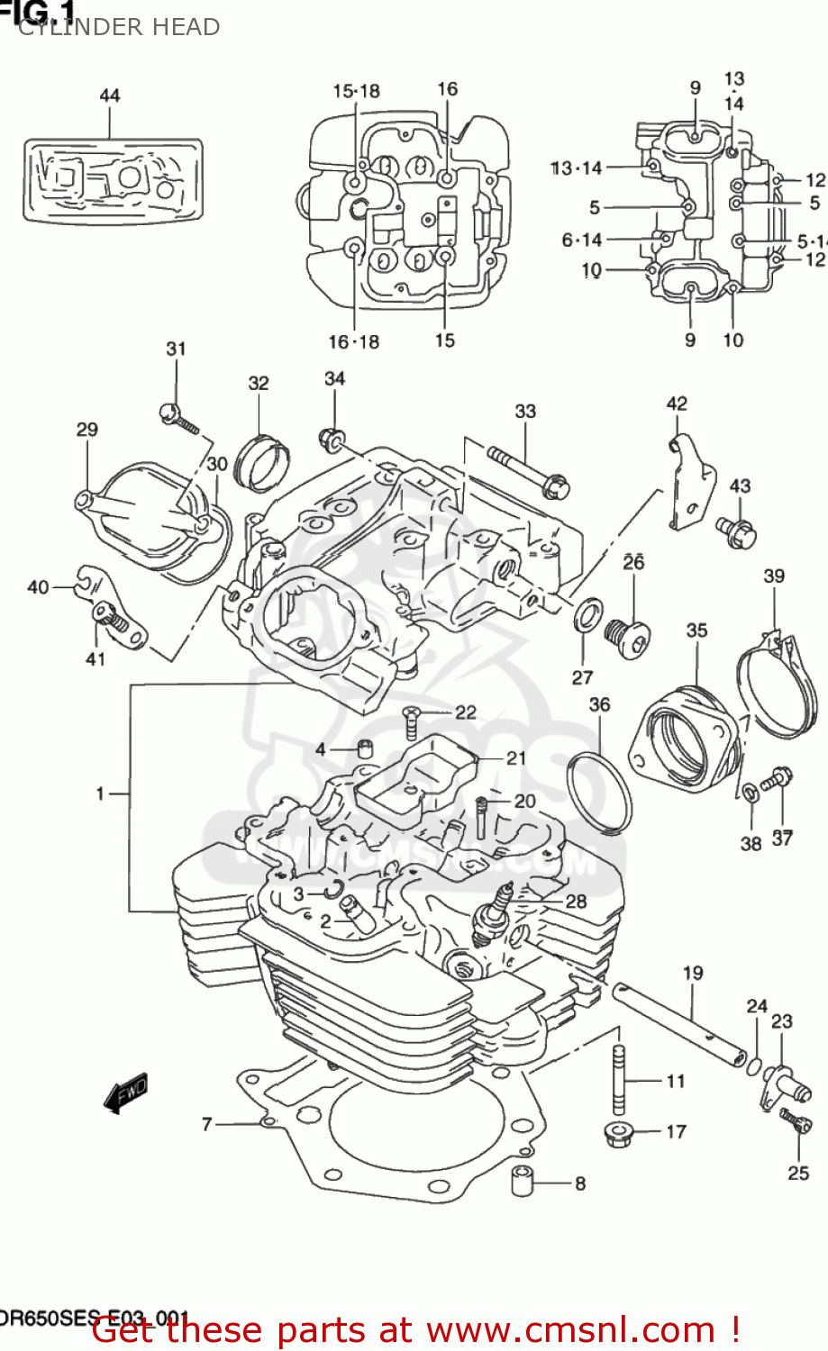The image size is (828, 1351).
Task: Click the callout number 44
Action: click(109, 95)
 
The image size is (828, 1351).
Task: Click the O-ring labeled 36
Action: click(599, 791)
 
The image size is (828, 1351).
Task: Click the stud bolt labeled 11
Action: click(620, 1081)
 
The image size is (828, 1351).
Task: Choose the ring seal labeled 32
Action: click(262, 461)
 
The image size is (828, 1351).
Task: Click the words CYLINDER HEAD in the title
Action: click(119, 27)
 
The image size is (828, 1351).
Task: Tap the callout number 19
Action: click(692, 973)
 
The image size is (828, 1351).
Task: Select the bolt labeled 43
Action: click(737, 532)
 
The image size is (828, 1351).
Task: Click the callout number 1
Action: click(101, 793)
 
